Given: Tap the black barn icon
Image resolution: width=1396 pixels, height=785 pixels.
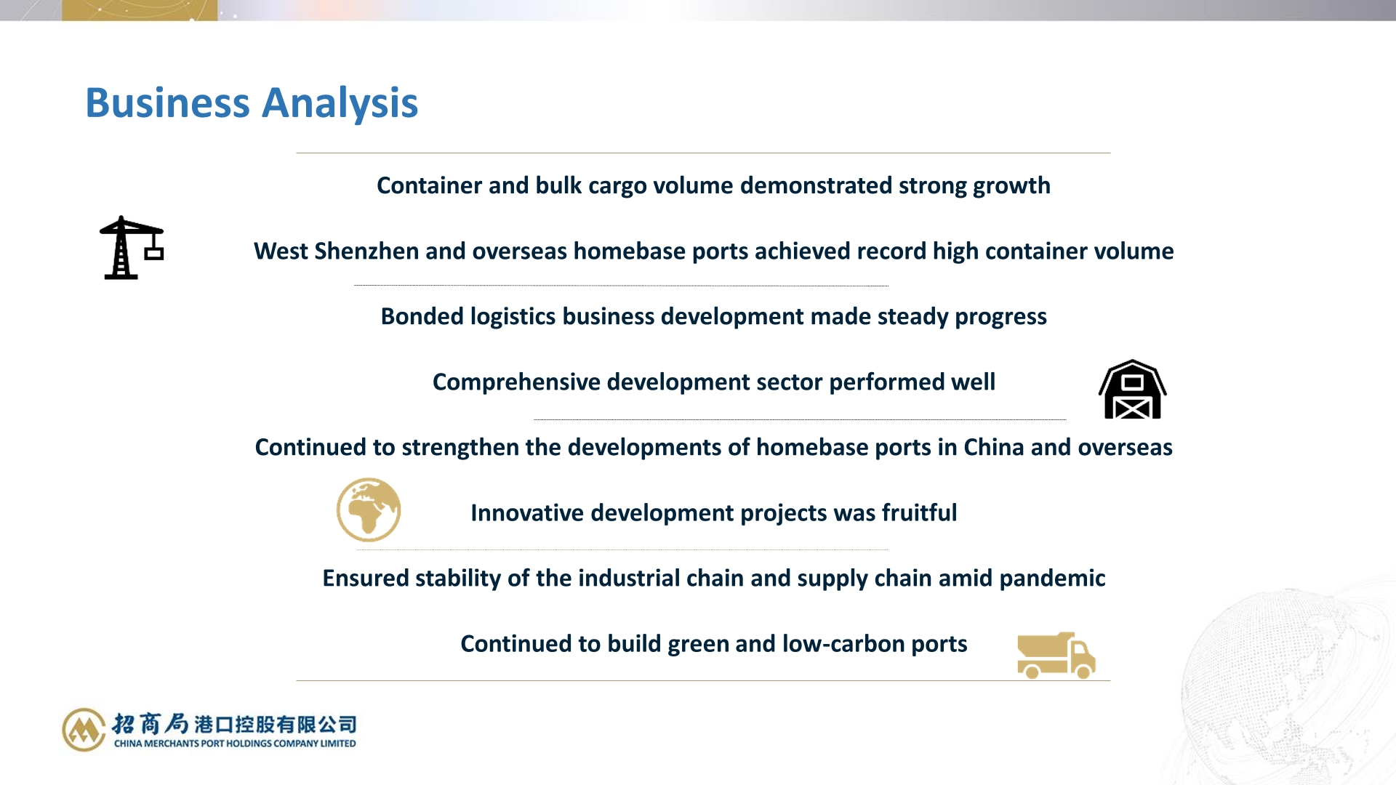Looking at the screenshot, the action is pos(1132,390).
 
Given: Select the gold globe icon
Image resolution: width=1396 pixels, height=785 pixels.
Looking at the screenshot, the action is pos(369,510).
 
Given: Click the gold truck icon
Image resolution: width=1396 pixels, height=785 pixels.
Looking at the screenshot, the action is pos(1056,656).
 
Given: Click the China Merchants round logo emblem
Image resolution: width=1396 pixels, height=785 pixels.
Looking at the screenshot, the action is pos(84,729).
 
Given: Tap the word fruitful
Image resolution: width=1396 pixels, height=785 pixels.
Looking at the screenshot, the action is pos(920,513).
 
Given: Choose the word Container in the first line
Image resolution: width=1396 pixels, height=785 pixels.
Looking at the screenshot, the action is pos(429,186).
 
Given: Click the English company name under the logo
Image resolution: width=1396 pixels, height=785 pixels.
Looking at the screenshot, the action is pos(235,744).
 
